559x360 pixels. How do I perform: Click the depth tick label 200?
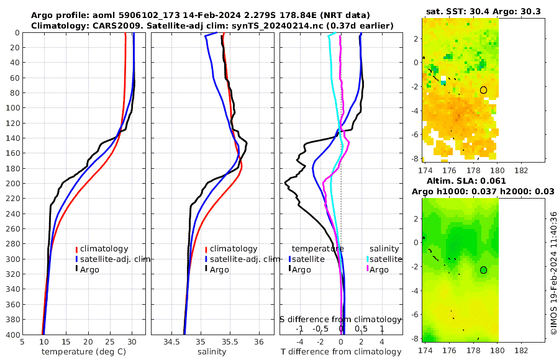point(11,184)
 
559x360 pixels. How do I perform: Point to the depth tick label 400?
point(11,335)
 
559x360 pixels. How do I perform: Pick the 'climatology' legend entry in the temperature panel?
point(104,249)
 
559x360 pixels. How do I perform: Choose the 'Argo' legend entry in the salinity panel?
point(219,269)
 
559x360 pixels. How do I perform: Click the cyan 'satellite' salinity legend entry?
point(384,259)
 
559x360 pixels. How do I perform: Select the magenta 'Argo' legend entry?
point(378,269)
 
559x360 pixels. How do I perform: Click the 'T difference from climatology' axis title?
point(340,352)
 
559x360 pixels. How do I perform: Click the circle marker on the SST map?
point(483,90)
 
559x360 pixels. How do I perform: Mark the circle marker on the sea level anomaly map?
point(483,270)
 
